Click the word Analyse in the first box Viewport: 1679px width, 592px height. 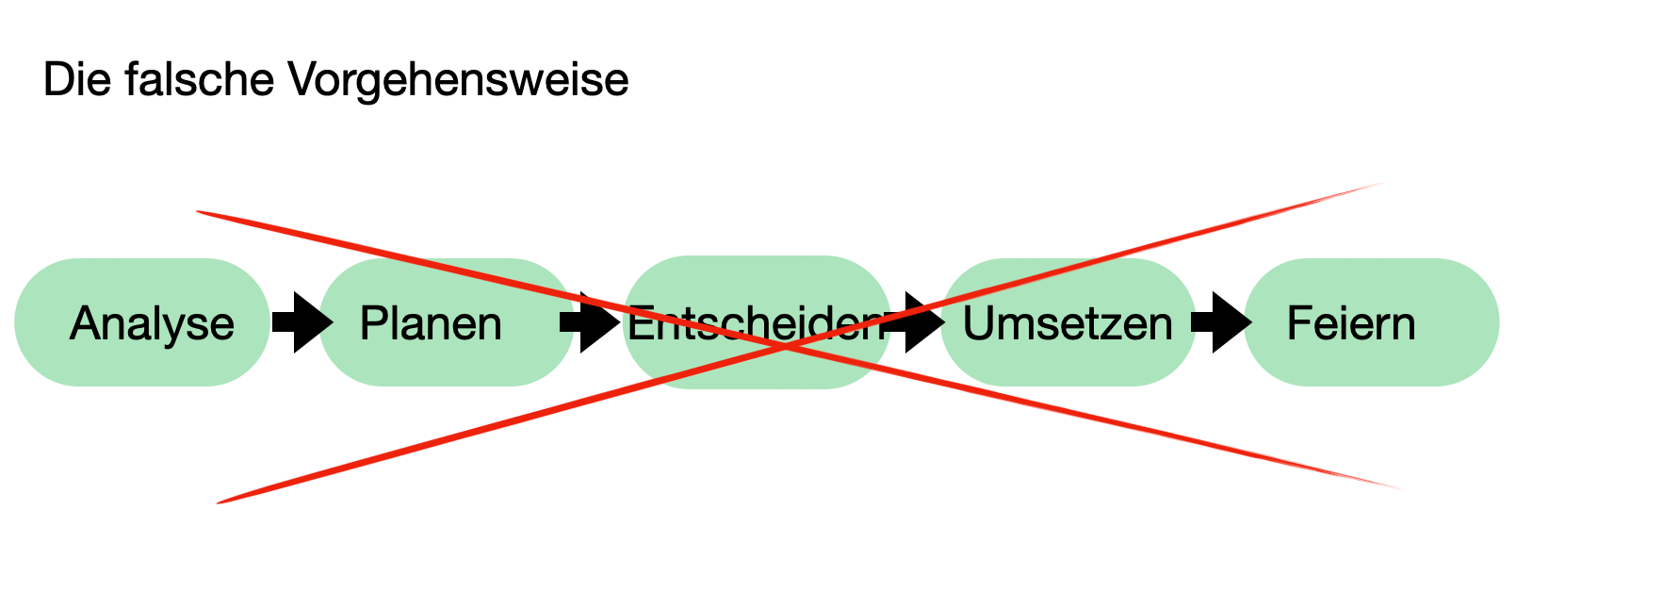152,324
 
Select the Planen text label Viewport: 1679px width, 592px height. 431,324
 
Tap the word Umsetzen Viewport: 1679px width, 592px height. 1067,324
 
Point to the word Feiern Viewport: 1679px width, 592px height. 1350,324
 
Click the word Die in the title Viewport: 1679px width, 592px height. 73,79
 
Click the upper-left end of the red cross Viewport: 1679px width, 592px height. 199,212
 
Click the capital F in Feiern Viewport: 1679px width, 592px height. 1298,323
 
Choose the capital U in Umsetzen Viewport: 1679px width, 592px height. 977,323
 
